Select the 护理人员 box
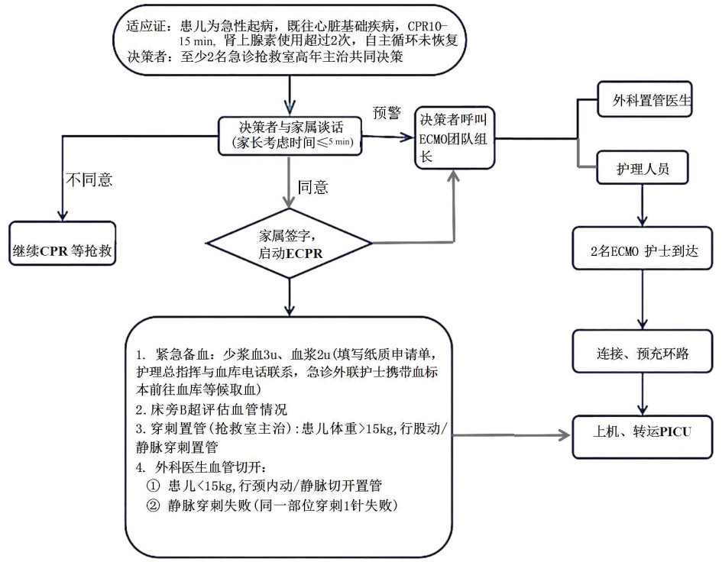(643, 169)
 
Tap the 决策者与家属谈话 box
(289, 135)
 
